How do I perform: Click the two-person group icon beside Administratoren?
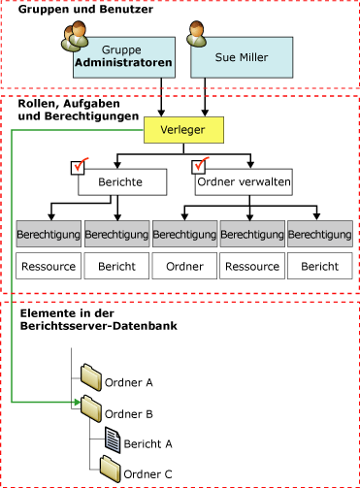[x=75, y=37]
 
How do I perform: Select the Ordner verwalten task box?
[x=243, y=181]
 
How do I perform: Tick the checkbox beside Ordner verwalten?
[x=202, y=167]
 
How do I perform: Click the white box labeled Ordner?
[x=184, y=266]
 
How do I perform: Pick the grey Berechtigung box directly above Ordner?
[x=184, y=235]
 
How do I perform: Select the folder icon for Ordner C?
[x=110, y=472]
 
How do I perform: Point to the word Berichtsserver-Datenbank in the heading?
[x=82, y=330]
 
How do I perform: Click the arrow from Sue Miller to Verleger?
[x=205, y=98]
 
